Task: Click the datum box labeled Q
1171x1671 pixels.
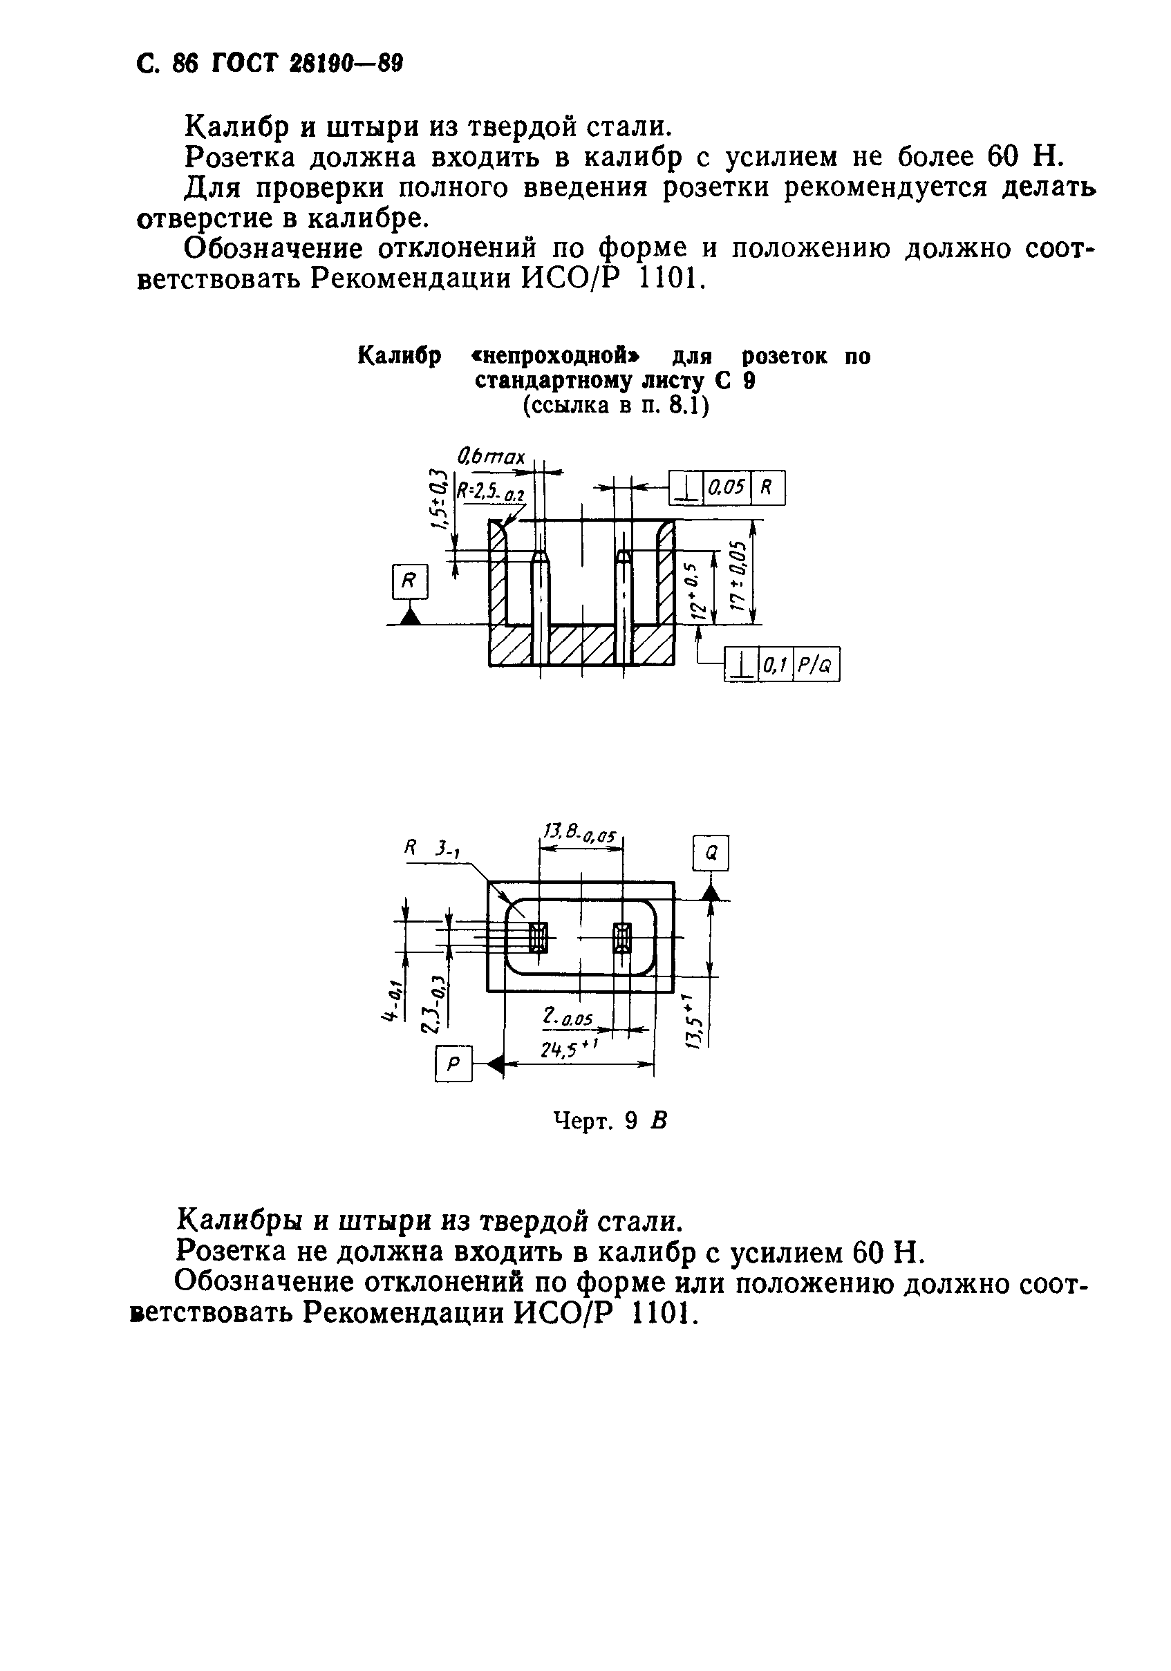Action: coord(711,853)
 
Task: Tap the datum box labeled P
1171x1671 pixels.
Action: coord(453,1064)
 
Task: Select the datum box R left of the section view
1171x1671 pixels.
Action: coord(410,581)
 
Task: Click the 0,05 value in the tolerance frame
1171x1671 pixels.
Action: coord(727,488)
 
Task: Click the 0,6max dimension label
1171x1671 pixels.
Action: coord(491,457)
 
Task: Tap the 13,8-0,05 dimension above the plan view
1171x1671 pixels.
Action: coord(580,833)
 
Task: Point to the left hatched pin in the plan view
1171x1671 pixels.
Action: coord(538,937)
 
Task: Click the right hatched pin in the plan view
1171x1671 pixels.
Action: coord(621,937)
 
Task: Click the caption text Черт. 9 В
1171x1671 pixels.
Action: coord(610,1122)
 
